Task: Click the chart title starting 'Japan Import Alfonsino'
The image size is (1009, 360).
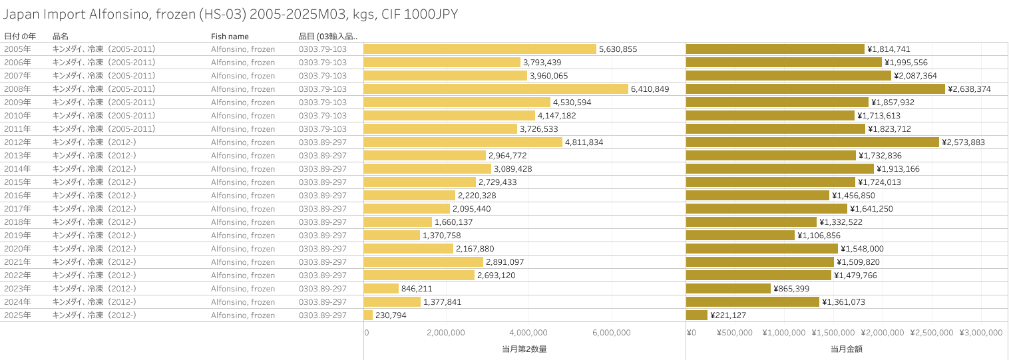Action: pos(230,14)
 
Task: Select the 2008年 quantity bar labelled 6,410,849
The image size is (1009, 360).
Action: pos(496,89)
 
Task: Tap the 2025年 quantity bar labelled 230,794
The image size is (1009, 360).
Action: pos(369,315)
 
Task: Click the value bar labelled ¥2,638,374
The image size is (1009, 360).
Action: pos(815,89)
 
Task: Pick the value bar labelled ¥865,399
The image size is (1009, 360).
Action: pos(728,289)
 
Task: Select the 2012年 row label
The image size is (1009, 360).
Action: pos(17,142)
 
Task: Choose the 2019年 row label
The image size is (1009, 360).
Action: pos(17,236)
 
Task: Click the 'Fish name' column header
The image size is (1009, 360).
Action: pos(230,36)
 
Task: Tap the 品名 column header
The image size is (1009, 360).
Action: pos(61,36)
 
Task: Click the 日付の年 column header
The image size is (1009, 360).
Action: pos(20,36)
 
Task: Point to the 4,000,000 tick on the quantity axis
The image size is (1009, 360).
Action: pos(528,333)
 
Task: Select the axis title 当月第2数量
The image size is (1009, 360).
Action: pos(524,349)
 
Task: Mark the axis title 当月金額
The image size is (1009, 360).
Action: pos(847,349)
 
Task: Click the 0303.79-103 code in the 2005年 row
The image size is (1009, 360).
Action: pos(323,49)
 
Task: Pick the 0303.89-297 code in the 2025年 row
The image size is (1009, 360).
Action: pos(323,315)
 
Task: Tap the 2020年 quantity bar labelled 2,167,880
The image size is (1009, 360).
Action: pos(409,249)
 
